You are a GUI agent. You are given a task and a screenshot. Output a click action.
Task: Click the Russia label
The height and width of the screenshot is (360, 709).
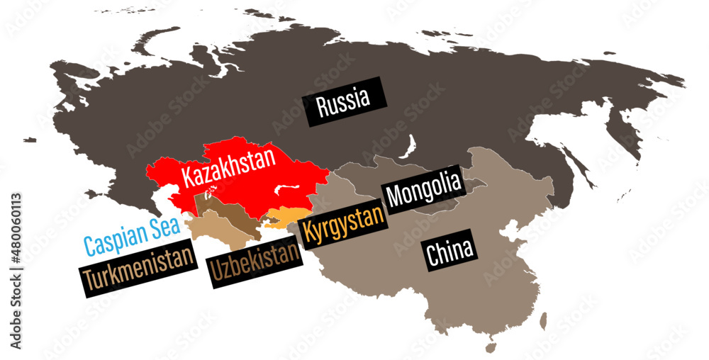[x=343, y=101]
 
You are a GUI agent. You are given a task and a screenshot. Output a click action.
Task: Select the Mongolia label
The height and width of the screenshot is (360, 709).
[x=423, y=188]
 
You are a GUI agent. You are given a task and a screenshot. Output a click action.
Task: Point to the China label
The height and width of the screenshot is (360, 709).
[x=450, y=254]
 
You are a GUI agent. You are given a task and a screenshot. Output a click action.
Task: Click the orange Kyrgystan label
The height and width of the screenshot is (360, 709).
[x=343, y=225]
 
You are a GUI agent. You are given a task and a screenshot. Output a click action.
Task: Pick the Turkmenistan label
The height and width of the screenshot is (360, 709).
[x=138, y=266]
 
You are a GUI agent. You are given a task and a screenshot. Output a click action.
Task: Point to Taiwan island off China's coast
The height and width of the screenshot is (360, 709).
[x=543, y=321]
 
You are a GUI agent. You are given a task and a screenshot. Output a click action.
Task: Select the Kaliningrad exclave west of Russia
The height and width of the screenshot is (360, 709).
[x=29, y=140]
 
